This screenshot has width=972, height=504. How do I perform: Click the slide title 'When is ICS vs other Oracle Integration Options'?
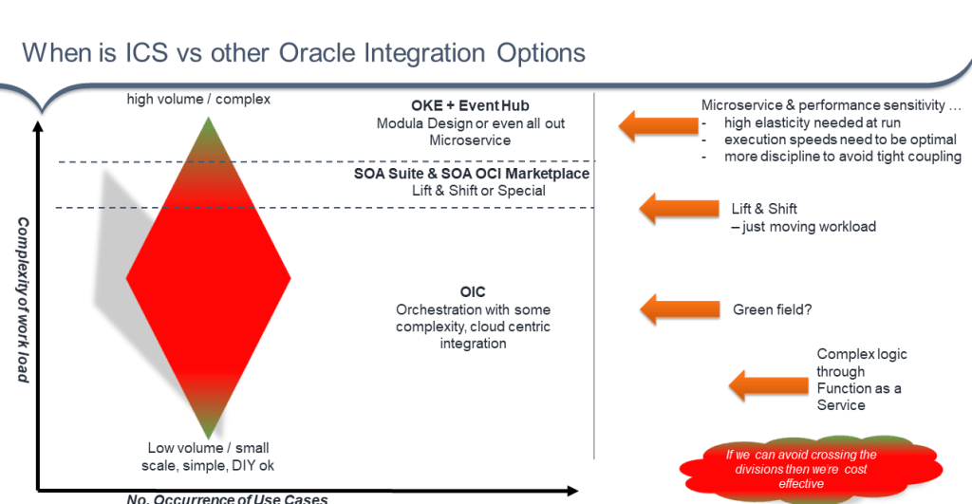[303, 52]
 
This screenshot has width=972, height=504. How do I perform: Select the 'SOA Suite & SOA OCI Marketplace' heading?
[472, 174]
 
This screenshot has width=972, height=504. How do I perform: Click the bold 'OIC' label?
[473, 292]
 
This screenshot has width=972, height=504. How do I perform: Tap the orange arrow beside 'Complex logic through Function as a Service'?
[763, 383]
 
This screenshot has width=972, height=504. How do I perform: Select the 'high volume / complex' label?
[198, 99]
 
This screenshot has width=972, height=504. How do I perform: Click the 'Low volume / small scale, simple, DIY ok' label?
[211, 457]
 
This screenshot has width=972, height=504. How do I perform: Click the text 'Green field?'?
[771, 309]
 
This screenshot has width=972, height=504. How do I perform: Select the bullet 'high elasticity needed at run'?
[813, 122]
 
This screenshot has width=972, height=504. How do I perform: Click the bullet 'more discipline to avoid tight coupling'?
[842, 157]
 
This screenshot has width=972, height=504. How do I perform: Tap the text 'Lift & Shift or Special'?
[472, 191]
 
